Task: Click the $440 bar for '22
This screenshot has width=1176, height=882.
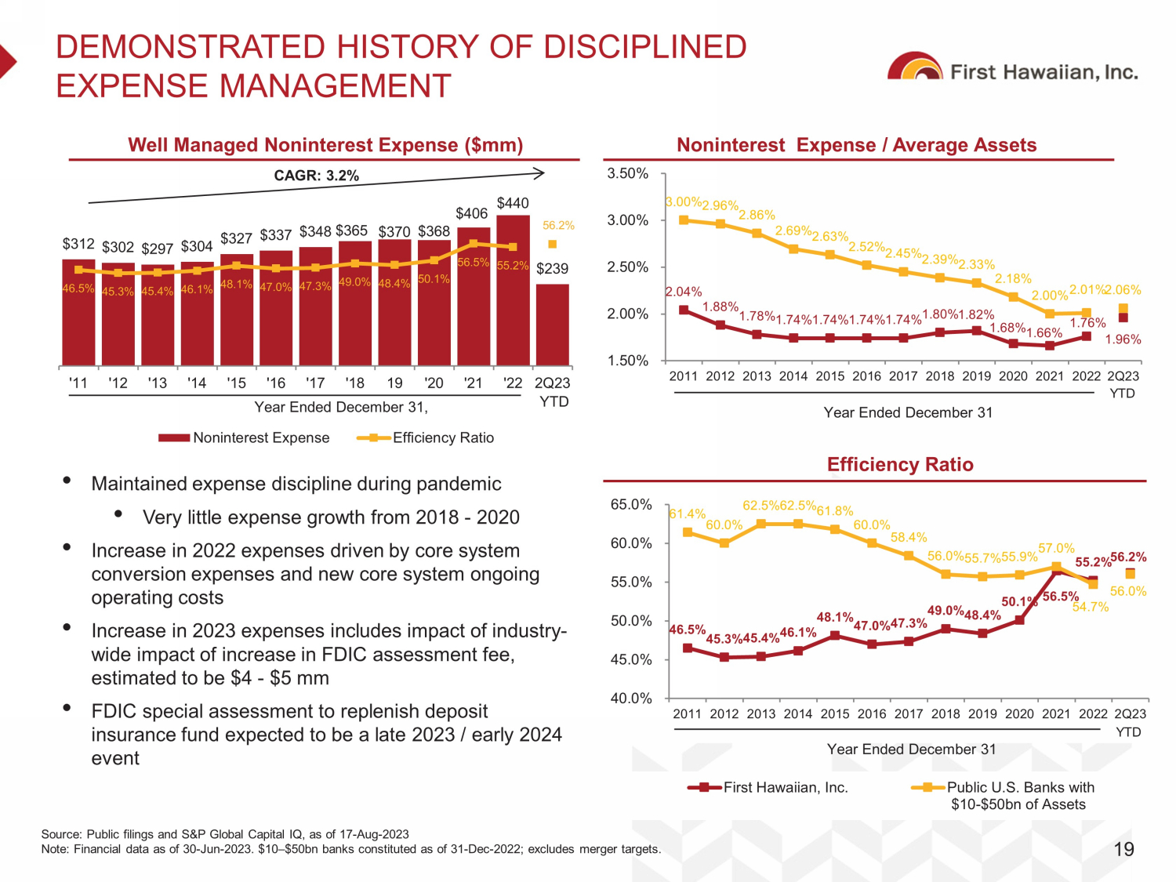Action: coord(513,290)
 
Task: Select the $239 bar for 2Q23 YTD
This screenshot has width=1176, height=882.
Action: coord(553,325)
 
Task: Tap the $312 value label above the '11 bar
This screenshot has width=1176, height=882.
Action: coord(78,244)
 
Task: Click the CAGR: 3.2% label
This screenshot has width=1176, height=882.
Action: coord(316,176)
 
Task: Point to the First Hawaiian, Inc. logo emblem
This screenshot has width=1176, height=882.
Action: coord(914,68)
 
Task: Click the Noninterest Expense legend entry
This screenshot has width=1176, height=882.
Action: coord(245,437)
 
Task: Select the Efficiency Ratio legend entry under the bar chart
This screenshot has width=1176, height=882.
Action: coord(426,437)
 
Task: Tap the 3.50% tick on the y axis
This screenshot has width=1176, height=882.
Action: coord(628,173)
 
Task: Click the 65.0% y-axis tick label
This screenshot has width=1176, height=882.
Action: coord(631,504)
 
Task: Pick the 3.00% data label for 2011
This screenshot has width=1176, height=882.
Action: coord(683,202)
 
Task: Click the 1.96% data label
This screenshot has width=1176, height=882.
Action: coord(1123,339)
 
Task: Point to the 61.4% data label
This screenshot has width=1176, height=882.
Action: coord(688,514)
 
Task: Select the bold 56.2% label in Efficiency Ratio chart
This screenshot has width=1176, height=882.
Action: coord(1128,557)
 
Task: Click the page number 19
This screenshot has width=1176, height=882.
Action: coord(1123,849)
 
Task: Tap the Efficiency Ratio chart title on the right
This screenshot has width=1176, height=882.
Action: coord(900,464)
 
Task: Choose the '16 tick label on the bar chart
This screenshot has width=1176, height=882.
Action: coord(276,383)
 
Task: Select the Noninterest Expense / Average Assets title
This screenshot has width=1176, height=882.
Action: coord(856,145)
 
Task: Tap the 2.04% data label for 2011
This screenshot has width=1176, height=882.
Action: coord(684,292)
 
